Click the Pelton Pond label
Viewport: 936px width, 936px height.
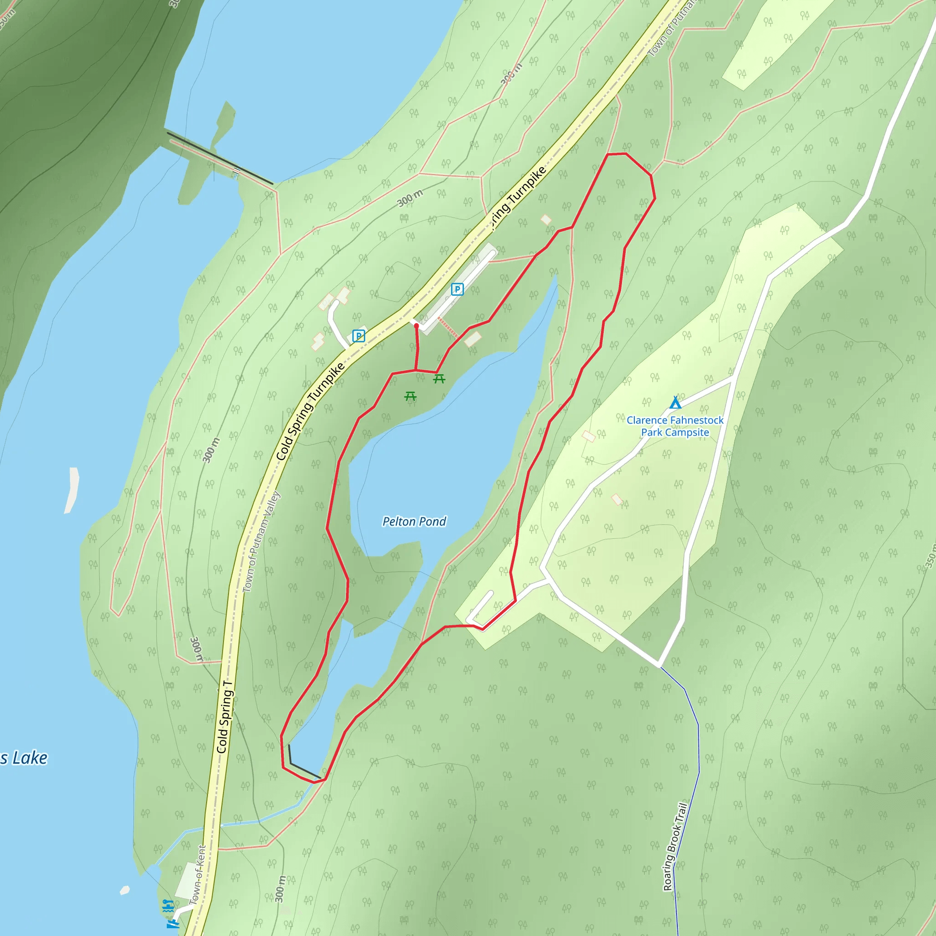point(414,521)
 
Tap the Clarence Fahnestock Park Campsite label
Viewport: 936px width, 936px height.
point(675,426)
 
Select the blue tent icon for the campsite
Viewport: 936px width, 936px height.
point(675,403)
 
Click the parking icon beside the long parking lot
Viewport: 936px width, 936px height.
point(457,289)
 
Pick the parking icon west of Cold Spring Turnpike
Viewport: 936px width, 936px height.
point(358,336)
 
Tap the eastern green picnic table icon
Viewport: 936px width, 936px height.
point(439,379)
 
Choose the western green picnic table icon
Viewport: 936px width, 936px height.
point(410,396)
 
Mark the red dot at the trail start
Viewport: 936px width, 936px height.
point(416,326)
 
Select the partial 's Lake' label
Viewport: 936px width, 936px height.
point(24,758)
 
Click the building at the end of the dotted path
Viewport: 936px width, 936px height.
point(473,339)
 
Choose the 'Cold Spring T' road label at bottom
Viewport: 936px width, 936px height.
point(224,717)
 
